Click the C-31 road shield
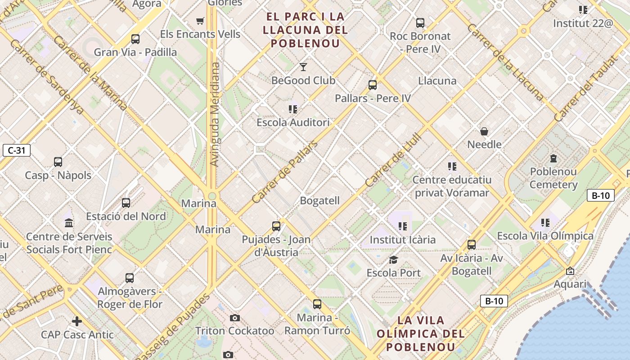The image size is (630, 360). (17, 150)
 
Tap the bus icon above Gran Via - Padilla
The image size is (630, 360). (135, 39)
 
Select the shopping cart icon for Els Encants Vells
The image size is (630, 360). (200, 21)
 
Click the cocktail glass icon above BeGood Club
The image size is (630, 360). (303, 67)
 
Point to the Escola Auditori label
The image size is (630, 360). (293, 122)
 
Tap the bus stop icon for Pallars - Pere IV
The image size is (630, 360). (372, 85)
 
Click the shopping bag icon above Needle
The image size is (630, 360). (484, 131)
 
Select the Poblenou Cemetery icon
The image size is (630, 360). (553, 158)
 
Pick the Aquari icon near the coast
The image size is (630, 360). (570, 271)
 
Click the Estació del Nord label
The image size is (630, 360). (126, 216)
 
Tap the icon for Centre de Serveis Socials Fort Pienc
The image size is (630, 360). (69, 223)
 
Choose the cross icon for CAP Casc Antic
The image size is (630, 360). (77, 321)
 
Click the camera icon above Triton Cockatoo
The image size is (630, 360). (234, 318)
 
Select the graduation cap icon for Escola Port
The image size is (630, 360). (393, 260)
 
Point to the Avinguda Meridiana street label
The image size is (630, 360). (215, 114)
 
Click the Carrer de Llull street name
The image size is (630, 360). (393, 160)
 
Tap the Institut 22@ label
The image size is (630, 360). (583, 23)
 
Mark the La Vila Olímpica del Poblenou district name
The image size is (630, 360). (420, 333)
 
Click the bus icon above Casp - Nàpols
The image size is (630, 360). (58, 162)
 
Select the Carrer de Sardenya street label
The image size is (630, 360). (46, 76)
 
